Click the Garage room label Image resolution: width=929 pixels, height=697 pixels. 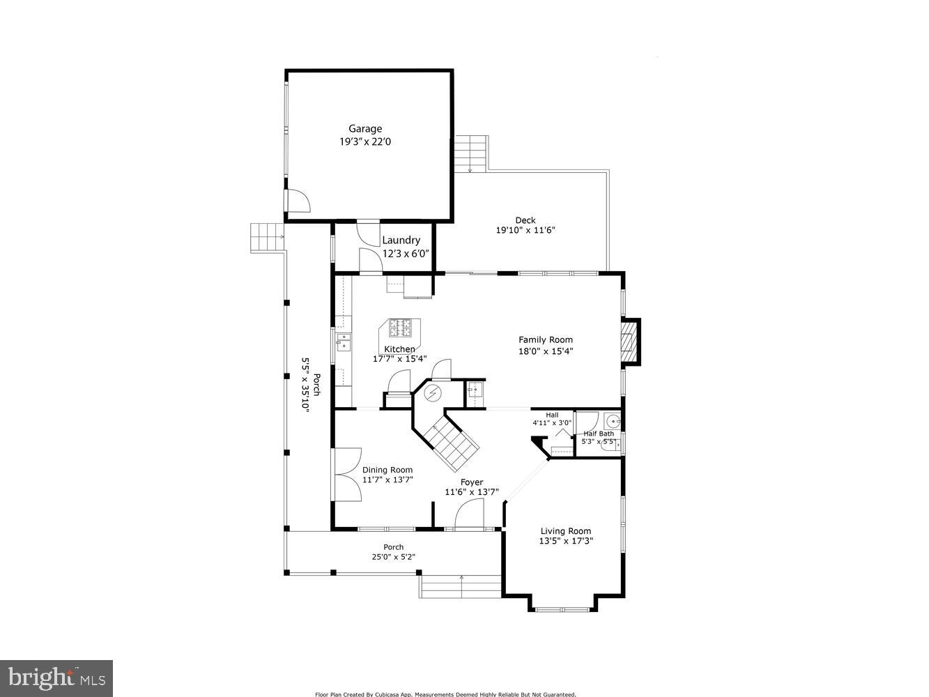[365, 128]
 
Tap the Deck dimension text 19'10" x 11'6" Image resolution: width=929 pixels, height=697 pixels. [525, 230]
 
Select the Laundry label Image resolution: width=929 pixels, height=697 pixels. [401, 240]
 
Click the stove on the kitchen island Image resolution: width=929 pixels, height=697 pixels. [400, 327]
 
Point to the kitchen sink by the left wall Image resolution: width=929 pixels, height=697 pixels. [344, 341]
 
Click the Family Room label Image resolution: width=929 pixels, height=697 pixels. [545, 340]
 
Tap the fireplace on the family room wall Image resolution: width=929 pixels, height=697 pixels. [630, 342]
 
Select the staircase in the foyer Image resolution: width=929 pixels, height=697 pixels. [452, 445]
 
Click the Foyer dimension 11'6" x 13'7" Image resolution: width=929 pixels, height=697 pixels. [471, 492]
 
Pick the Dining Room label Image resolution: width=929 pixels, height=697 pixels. [387, 470]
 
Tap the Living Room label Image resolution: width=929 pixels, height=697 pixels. [565, 531]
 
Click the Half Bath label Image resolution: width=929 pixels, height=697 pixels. [599, 434]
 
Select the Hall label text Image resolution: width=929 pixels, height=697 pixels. [551, 415]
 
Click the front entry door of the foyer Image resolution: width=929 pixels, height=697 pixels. [469, 516]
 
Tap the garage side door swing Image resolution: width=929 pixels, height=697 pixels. [298, 200]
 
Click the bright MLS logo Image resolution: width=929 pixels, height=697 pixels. [56, 677]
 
